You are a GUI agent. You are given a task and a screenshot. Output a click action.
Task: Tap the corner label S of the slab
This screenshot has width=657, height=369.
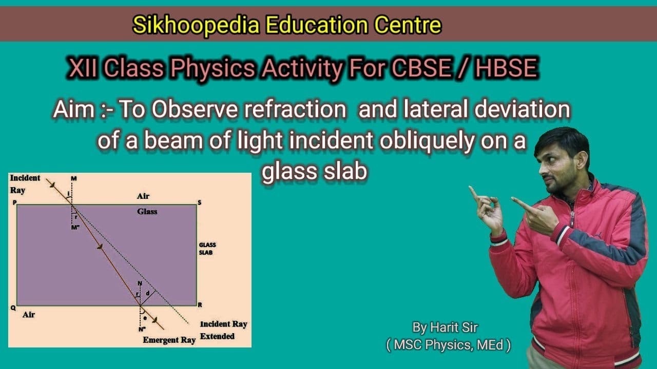[200, 202]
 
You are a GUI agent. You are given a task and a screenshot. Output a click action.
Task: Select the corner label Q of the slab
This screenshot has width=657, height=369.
[12, 308]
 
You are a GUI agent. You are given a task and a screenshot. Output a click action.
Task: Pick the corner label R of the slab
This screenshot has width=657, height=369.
[200, 304]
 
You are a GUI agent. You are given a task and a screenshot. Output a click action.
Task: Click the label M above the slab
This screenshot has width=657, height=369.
[73, 178]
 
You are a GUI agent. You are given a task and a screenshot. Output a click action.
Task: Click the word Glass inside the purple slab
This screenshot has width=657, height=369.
[147, 211]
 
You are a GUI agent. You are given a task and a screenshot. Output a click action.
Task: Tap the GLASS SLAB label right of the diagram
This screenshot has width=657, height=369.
[207, 249]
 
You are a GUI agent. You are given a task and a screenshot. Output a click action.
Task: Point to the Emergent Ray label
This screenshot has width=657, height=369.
[169, 340]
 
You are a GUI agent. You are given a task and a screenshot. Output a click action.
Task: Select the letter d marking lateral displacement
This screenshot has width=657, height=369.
[148, 293]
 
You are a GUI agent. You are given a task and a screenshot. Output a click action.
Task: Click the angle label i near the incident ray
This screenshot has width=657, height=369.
[69, 193]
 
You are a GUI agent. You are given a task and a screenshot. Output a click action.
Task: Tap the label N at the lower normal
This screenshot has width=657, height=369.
[140, 283]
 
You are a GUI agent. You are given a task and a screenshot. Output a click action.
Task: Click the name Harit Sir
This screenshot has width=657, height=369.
[448, 327]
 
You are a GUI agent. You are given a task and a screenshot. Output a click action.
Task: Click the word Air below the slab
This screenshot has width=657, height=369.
[29, 315]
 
